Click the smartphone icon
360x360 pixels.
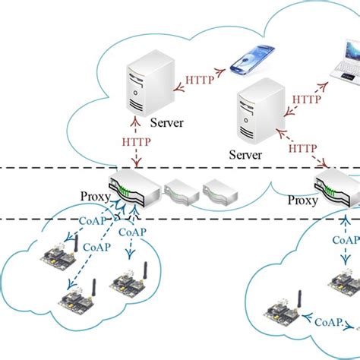coord(249,62)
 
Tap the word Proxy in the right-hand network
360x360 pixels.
coord(303,201)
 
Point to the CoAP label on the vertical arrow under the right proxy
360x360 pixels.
coord(342,239)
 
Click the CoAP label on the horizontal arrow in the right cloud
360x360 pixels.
coord(328,321)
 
